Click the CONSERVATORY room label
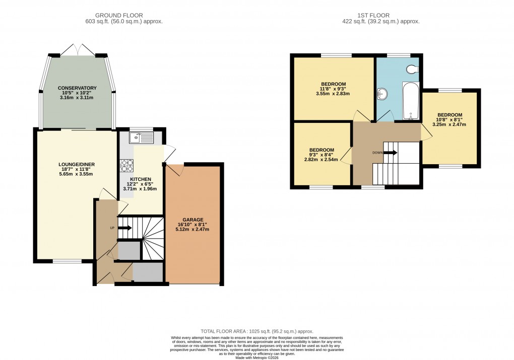pyautogui.click(x=77, y=88)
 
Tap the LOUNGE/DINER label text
pyautogui.click(x=77, y=164)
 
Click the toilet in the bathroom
pyautogui.click(x=413, y=69)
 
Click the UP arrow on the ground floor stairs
pyautogui.click(x=124, y=228)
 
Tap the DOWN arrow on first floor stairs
pyautogui.click(x=390, y=152)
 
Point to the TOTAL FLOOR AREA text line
pyautogui.click(x=256, y=331)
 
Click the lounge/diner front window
pyautogui.click(x=68, y=261)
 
